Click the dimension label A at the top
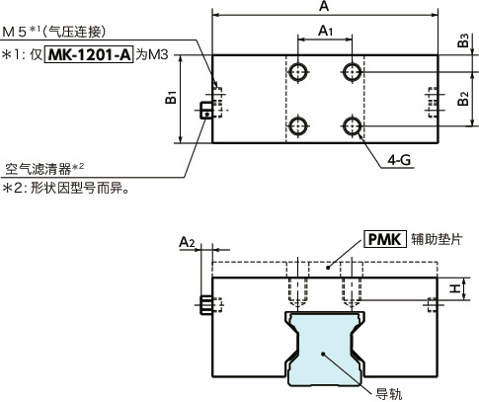pyautogui.click(x=325, y=8)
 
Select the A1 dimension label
pyautogui.click(x=325, y=33)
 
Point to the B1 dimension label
pyautogui.click(x=170, y=99)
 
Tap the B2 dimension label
pyautogui.click(x=462, y=98)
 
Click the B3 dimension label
pyautogui.click(x=462, y=40)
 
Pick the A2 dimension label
pyautogui.click(x=189, y=241)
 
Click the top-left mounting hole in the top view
pyautogui.click(x=298, y=71)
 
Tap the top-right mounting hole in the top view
pyautogui.click(x=352, y=71)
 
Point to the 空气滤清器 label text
pyautogui.click(x=40, y=168)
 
